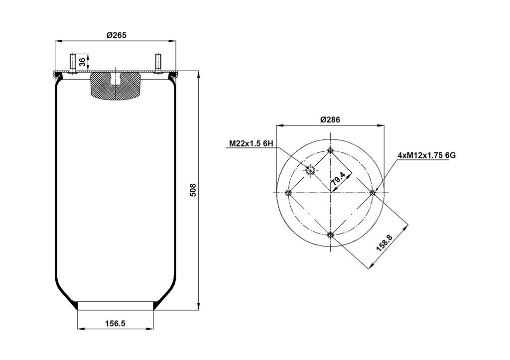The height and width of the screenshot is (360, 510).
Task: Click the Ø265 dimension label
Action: pyautogui.click(x=116, y=35)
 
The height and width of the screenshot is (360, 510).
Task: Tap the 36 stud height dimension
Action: pyautogui.click(x=83, y=61)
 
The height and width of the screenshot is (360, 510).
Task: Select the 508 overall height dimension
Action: pyautogui.click(x=193, y=190)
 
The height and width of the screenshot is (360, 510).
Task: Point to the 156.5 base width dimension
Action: pyautogui.click(x=115, y=323)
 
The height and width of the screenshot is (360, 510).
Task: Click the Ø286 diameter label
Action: pyautogui.click(x=330, y=120)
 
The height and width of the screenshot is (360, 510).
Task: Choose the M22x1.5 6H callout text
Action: pyautogui.click(x=251, y=143)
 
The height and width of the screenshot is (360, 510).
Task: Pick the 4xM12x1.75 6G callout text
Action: pyautogui.click(x=426, y=155)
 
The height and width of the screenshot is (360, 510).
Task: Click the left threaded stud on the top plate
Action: pyautogui.click(x=72, y=63)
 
